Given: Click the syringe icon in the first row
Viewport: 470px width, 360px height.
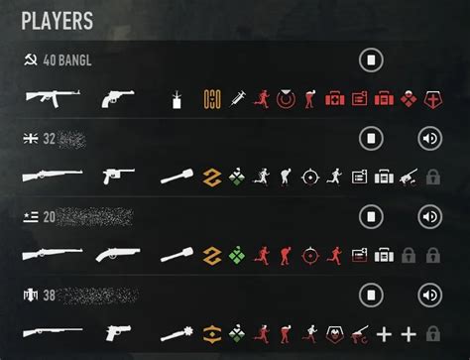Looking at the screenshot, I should [x=237, y=98].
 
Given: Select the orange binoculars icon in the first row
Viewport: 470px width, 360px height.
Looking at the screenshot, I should [x=210, y=98].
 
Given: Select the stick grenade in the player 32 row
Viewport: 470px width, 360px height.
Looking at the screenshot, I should [x=178, y=177].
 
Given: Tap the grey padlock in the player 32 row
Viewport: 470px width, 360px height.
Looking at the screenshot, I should [x=432, y=177].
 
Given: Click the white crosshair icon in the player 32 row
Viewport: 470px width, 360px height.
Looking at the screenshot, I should [x=311, y=177].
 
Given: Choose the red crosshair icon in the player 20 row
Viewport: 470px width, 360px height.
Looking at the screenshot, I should [x=311, y=254].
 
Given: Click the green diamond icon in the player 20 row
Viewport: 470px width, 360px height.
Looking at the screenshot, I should [x=236, y=254].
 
